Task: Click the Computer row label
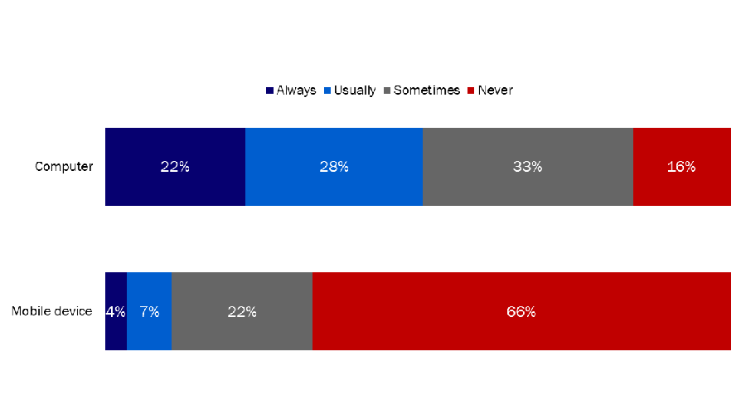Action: click(x=64, y=167)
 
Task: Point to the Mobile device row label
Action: click(x=51, y=312)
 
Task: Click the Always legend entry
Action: click(x=291, y=90)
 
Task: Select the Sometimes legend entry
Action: click(x=421, y=90)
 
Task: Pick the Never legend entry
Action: click(x=491, y=90)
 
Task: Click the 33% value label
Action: click(x=527, y=167)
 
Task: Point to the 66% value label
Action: click(x=521, y=312)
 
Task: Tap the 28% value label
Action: click(x=333, y=167)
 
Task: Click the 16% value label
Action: click(x=681, y=167)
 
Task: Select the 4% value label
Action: click(x=115, y=312)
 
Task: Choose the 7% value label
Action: click(x=149, y=312)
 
